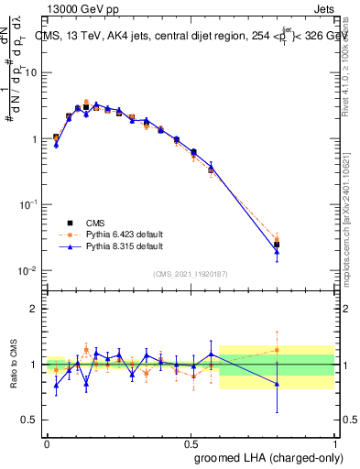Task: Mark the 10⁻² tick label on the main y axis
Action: pos(30,271)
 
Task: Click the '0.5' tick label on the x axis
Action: pos(191,442)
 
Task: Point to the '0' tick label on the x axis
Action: pos(47,442)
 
